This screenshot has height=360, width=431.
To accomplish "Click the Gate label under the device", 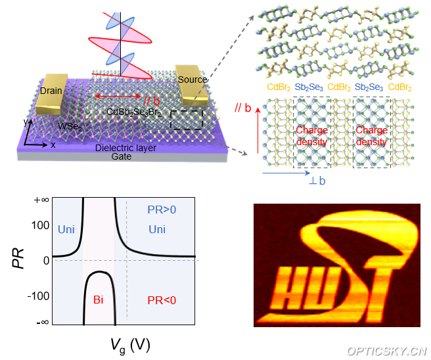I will point(122,156).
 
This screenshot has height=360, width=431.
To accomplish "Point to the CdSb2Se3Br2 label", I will point(134,112).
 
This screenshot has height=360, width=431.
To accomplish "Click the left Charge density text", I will point(311,135).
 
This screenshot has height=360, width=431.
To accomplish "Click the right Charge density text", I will point(371,135).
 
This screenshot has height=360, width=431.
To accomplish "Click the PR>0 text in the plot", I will point(162,209).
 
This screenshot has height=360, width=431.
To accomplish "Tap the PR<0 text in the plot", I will point(162,300).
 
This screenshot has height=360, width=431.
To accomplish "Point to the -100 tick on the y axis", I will point(39,296).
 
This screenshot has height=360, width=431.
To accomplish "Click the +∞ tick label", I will point(41,200).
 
